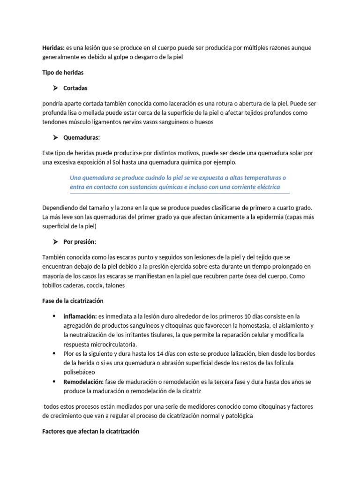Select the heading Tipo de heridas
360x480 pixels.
click(63, 73)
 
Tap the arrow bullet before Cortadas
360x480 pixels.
click(54, 88)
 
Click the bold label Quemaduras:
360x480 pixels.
click(82, 137)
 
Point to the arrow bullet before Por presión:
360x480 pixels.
click(54, 242)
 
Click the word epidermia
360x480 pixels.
click(267, 217)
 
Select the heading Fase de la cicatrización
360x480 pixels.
click(73, 300)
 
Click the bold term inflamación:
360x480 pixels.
click(80, 316)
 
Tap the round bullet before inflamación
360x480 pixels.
click(54, 316)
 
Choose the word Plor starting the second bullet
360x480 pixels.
click(69, 353)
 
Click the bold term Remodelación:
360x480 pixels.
click(83, 382)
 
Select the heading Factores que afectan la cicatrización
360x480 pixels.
click(91, 431)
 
